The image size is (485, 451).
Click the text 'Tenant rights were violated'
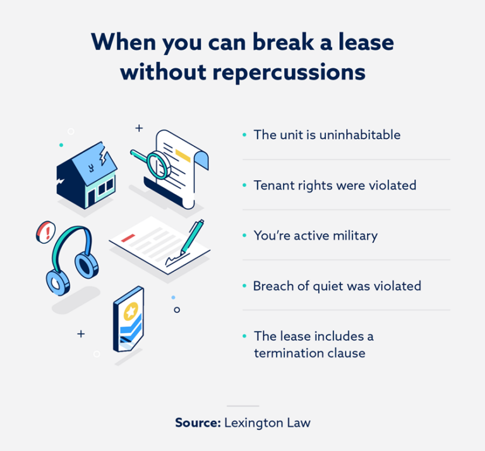pyautogui.click(x=335, y=185)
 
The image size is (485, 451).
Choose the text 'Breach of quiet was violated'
pyautogui.click(x=337, y=286)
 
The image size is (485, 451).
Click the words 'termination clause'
pyautogui.click(x=309, y=353)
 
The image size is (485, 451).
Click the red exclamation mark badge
pyautogui.click(x=45, y=232)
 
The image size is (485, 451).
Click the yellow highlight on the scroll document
pyautogui.click(x=183, y=154)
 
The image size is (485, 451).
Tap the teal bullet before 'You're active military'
pyautogui.click(x=244, y=236)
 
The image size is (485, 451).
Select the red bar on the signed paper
pyautogui.click(x=129, y=238)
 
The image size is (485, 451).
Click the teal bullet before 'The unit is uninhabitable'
pyautogui.click(x=244, y=135)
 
